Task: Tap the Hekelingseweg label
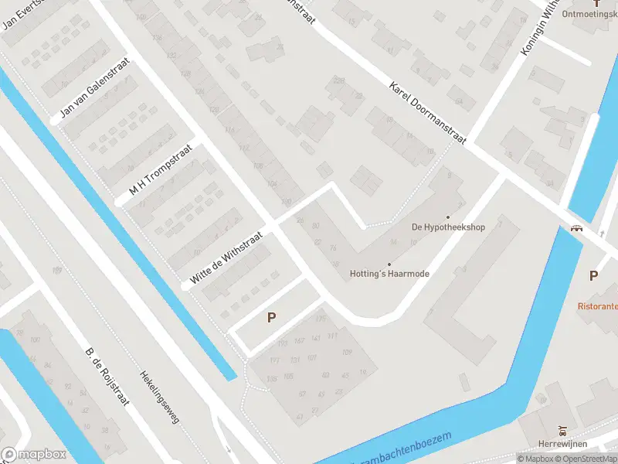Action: point(158,394)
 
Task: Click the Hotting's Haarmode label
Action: point(389,274)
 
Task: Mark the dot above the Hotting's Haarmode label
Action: point(389,264)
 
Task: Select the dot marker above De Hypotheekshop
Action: point(447,217)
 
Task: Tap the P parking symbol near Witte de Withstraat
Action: point(271,317)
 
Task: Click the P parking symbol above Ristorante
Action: point(593,275)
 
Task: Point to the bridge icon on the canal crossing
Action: point(576,228)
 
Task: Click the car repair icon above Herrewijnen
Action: point(562,430)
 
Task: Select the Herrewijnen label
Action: point(563,443)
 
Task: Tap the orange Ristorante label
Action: point(597,305)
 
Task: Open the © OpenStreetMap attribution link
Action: point(588,459)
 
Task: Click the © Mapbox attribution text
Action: point(537,459)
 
